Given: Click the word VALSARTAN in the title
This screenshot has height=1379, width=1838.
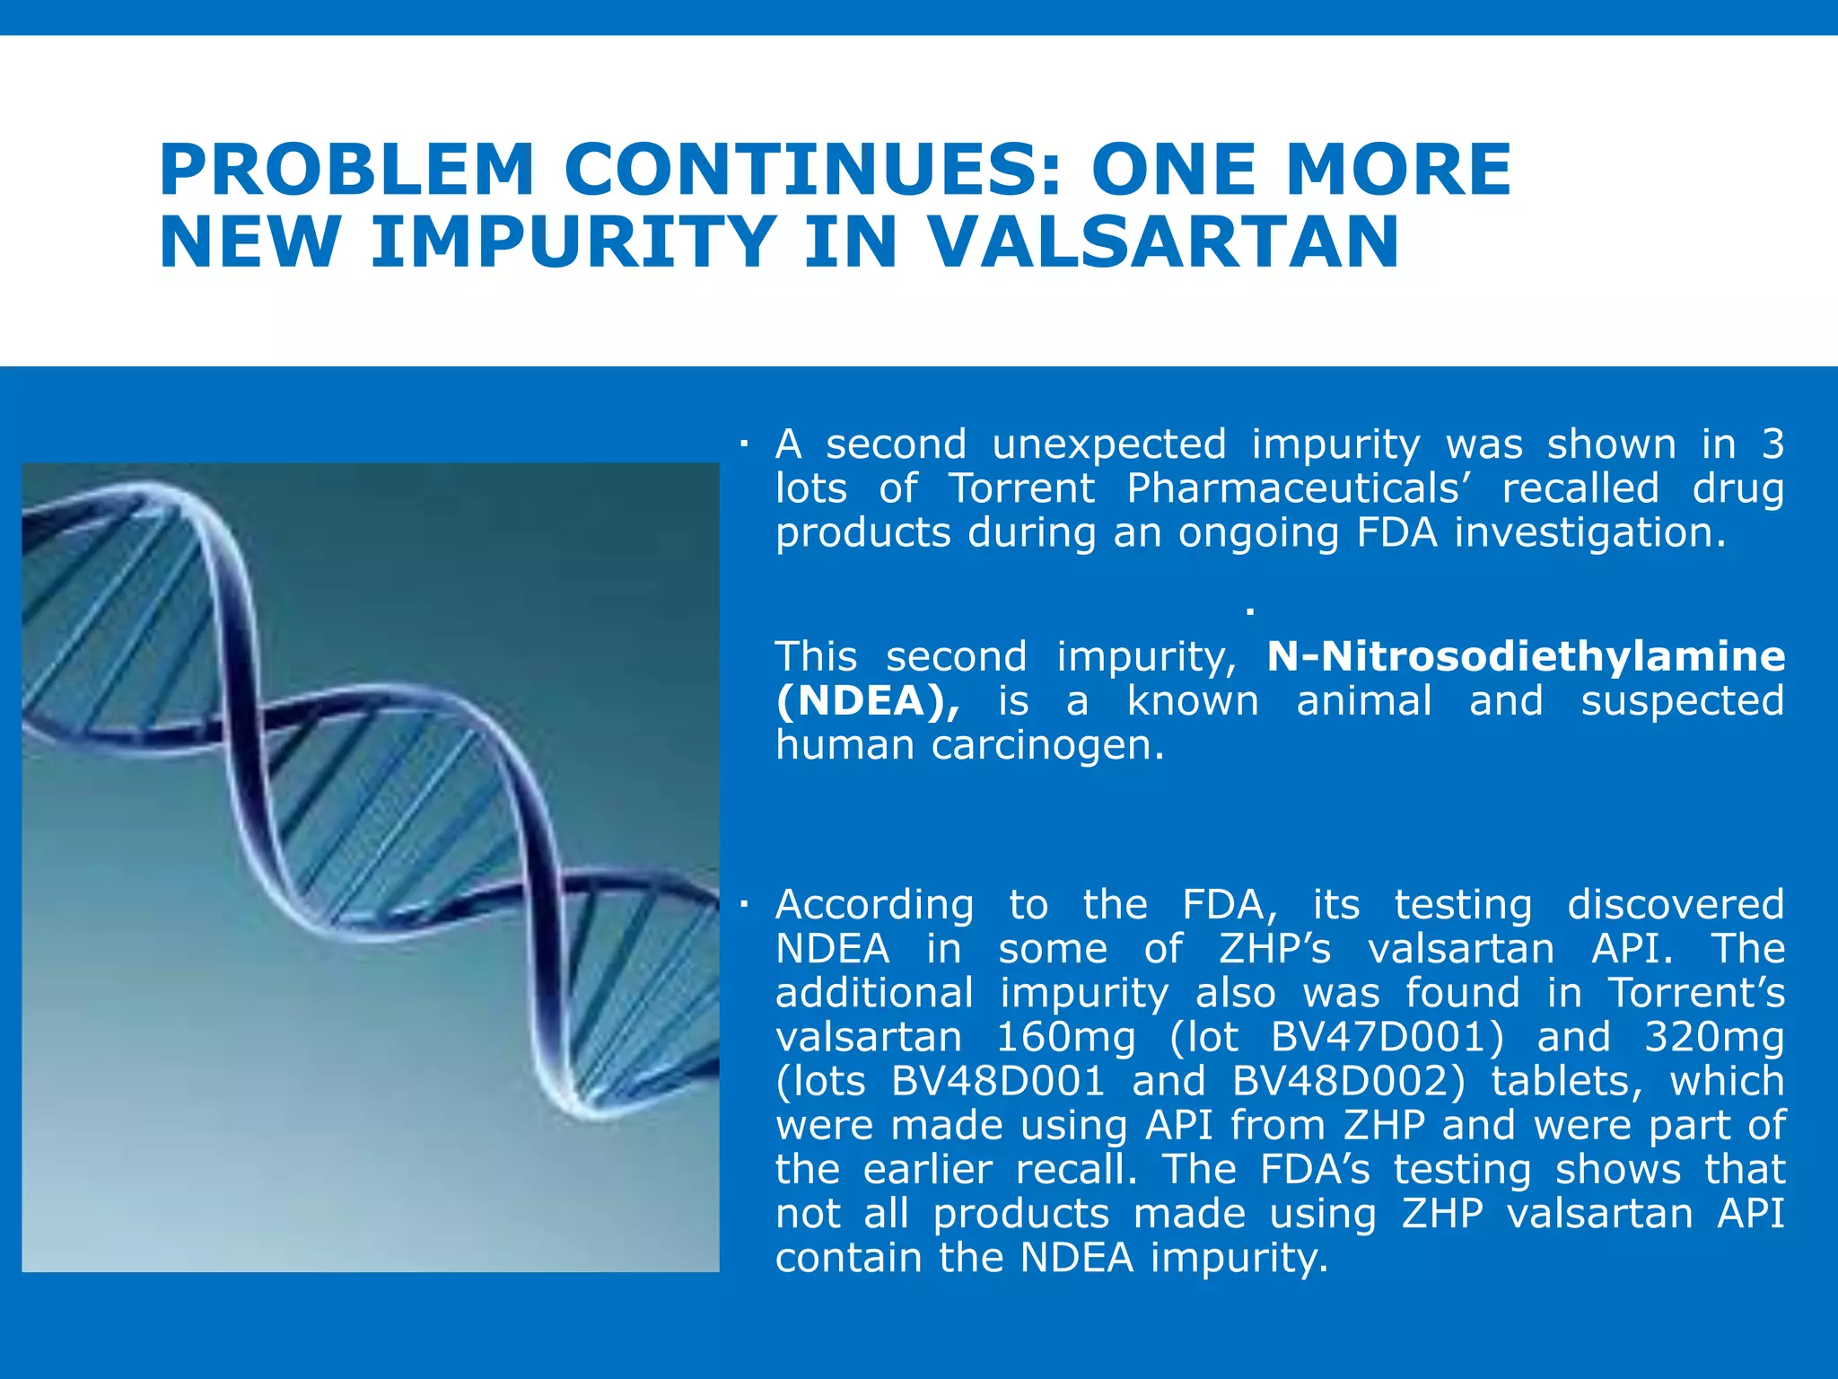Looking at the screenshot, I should (1162, 242).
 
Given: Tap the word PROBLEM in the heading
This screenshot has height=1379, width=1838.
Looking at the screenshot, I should (346, 170).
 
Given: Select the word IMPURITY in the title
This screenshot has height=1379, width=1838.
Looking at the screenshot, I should (573, 242).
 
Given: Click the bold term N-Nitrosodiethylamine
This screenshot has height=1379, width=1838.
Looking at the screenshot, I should (1526, 656).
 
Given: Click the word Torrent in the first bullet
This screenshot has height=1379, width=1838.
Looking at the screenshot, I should (1021, 489).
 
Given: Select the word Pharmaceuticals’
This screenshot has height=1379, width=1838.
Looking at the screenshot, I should (1298, 489).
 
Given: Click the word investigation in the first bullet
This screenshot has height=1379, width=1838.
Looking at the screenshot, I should (1589, 533).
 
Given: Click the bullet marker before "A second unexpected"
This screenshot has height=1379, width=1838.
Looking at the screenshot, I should (744, 444).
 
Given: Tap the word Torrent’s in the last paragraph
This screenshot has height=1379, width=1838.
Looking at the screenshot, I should (1695, 993).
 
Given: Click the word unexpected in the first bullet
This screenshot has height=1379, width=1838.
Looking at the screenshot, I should (1108, 445).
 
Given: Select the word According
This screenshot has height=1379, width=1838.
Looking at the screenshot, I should (874, 905).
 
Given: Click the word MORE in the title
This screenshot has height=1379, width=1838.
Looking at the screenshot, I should (1398, 170).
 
